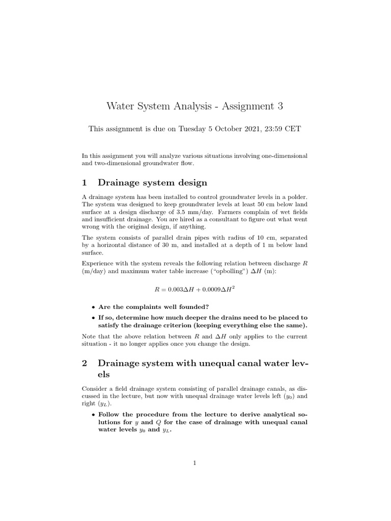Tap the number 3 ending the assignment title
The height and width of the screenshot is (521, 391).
pyautogui.click(x=279, y=106)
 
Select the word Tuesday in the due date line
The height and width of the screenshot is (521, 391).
pyautogui.click(x=192, y=129)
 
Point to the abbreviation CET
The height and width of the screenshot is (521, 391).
pyautogui.click(x=293, y=129)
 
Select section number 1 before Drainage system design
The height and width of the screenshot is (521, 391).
pyautogui.click(x=85, y=182)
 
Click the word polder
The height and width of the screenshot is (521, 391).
pyautogui.click(x=296, y=197)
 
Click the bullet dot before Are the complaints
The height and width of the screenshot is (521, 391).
pyautogui.click(x=93, y=307)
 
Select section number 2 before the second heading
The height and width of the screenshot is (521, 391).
pyautogui.click(x=85, y=363)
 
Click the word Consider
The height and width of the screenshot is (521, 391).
pyautogui.click(x=95, y=388)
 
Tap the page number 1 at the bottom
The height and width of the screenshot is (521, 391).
pyautogui.click(x=195, y=462)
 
